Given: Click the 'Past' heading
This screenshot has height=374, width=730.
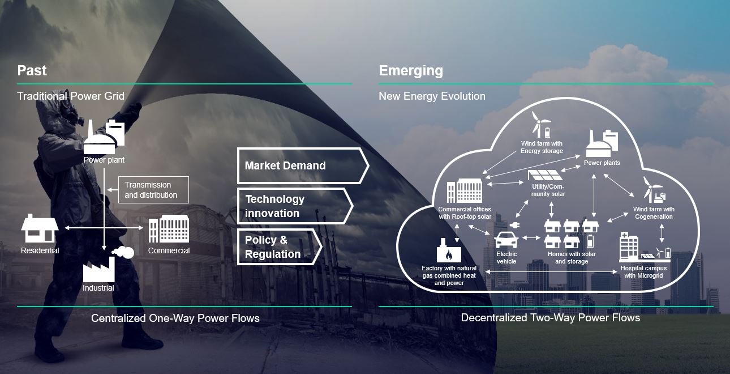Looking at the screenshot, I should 32,70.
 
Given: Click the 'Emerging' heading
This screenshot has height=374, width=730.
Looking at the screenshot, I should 411,70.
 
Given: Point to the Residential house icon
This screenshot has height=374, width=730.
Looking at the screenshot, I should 40,229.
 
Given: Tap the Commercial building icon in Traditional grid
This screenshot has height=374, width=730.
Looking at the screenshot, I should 169,229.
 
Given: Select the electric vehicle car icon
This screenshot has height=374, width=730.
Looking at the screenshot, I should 506,239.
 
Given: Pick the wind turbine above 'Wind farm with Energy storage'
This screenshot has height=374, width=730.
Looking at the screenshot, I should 540,124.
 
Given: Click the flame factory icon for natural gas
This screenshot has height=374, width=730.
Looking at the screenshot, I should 449,250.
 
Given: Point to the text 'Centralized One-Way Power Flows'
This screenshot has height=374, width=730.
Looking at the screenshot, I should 175,318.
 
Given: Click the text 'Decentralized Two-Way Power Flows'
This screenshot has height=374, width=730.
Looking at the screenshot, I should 550,318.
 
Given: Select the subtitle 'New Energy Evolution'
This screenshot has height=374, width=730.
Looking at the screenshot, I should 432,96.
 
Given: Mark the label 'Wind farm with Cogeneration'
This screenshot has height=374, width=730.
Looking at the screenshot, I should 654,213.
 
